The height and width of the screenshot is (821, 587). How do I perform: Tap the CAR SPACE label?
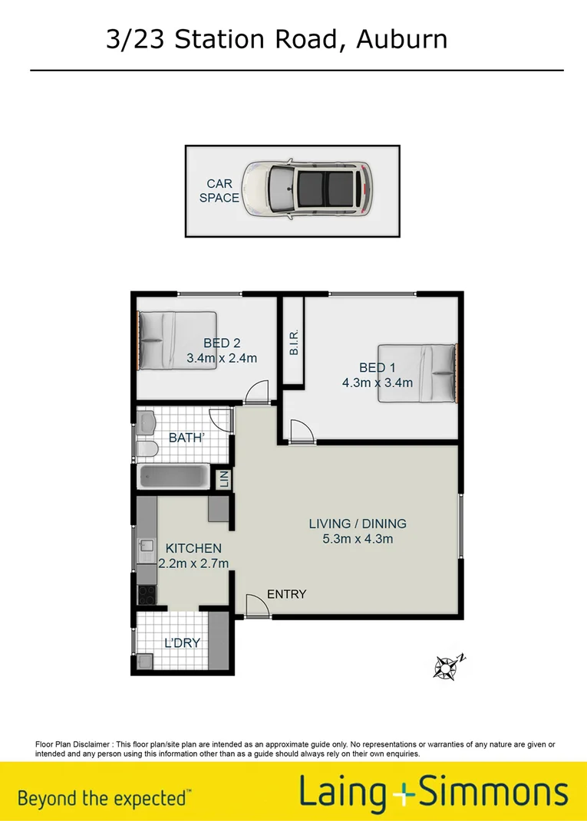coord(219,191)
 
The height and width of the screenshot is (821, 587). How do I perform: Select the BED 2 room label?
coord(222,343)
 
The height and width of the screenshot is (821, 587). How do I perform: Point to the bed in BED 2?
coord(176,340)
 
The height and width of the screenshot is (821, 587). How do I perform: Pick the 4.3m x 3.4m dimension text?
coord(378,383)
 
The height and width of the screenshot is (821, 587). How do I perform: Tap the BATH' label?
coord(186,438)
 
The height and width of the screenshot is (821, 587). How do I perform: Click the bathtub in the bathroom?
coord(173,477)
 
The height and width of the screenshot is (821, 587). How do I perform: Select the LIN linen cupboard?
coord(223,479)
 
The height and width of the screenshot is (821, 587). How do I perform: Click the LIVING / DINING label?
coord(358,524)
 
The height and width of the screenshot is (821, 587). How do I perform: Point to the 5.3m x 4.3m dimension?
coord(358,539)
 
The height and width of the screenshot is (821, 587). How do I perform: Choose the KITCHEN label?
coord(193,548)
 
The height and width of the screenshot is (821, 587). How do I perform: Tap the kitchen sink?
coord(146,547)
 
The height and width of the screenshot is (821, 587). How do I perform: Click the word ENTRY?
coord(286,594)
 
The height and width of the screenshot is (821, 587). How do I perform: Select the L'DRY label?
coord(182,642)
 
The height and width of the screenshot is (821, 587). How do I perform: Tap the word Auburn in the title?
coord(401,38)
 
